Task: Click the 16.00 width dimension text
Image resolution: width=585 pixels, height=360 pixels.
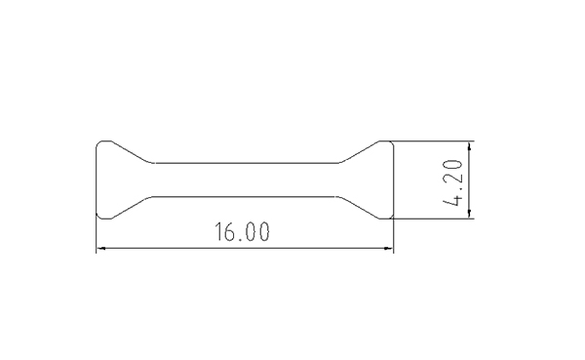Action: point(242,232)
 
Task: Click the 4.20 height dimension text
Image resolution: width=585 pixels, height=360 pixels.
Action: point(453,182)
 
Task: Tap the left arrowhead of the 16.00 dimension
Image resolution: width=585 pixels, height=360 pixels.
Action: point(100,248)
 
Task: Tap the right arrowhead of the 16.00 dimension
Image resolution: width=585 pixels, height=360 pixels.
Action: point(389,248)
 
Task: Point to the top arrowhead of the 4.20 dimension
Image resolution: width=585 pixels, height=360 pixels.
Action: point(469,146)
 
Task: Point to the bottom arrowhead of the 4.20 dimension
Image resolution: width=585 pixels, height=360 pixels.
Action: point(469,214)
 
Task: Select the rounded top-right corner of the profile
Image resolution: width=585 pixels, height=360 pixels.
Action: point(391,143)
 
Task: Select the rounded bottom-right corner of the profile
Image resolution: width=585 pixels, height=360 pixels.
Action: point(391,217)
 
